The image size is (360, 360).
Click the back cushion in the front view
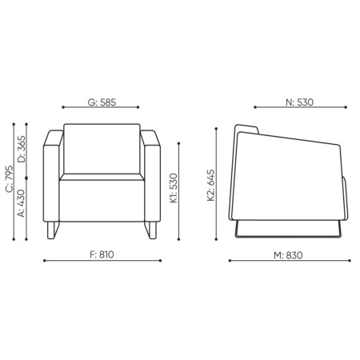[102, 150]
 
